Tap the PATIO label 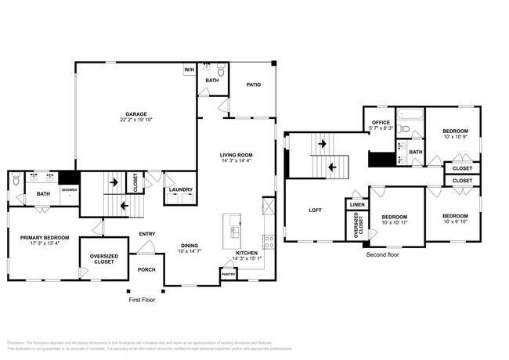[253, 84]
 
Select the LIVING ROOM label [236, 155]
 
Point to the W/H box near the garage [189, 70]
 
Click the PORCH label [146, 270]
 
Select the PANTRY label [228, 275]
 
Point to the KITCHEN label [247, 254]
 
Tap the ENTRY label [146, 233]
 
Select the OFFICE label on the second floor [381, 122]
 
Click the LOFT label [315, 210]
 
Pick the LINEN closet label [357, 204]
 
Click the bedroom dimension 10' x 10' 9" [455, 137]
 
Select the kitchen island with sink [234, 227]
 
